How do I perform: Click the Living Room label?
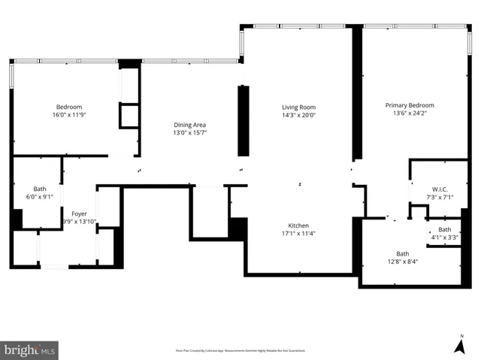click(x=298, y=107)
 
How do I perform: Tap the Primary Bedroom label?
click(x=410, y=105)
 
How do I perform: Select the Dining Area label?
click(x=189, y=125)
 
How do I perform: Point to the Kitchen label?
click(x=298, y=225)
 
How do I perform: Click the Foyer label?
click(x=79, y=213)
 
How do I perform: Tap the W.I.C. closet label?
click(x=440, y=189)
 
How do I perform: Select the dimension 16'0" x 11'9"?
click(x=68, y=115)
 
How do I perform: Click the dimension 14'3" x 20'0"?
click(x=298, y=115)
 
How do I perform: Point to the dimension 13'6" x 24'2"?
click(x=410, y=113)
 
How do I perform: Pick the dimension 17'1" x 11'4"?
click(x=298, y=234)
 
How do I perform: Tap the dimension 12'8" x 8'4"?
click(x=403, y=262)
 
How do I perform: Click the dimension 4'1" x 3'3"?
click(x=445, y=237)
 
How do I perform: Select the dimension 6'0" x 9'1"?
click(x=39, y=197)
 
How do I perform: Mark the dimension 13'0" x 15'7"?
click(x=189, y=133)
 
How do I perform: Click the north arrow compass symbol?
click(x=461, y=344)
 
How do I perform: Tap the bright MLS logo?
click(x=30, y=350)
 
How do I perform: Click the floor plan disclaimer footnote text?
click(x=240, y=350)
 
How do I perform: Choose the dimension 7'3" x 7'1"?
click(x=440, y=197)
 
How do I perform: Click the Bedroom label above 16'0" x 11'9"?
click(x=68, y=107)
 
